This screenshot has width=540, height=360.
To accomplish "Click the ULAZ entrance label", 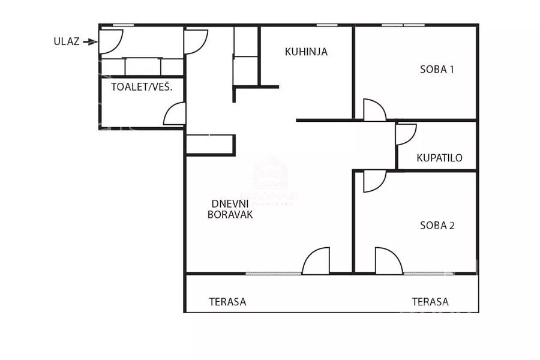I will (65, 41).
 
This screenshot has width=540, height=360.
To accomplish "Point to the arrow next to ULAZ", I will (90, 41).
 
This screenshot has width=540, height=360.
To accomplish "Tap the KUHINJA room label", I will (306, 52).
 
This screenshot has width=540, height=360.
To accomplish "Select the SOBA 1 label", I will (437, 69).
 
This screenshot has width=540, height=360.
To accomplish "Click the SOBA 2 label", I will (437, 226).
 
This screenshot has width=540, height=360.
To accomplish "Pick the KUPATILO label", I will (439, 158).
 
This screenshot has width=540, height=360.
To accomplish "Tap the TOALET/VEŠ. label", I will (142, 87).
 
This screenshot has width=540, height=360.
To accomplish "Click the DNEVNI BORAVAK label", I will (230, 208).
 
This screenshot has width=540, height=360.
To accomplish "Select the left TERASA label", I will (227, 302).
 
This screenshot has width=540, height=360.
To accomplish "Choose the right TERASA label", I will (430, 302).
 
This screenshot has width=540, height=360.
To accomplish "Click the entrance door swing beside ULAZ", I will (110, 40).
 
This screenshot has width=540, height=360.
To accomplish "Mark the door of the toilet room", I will (175, 114).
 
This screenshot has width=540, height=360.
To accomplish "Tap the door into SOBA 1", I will (374, 110).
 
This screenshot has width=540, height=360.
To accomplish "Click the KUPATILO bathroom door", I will (405, 134).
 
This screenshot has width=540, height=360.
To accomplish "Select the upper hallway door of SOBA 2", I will (374, 181).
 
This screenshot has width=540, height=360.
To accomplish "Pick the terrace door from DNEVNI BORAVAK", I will (317, 262).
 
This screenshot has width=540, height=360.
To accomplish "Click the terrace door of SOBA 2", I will (388, 262).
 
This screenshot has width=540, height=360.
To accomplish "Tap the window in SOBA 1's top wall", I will (403, 25).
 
